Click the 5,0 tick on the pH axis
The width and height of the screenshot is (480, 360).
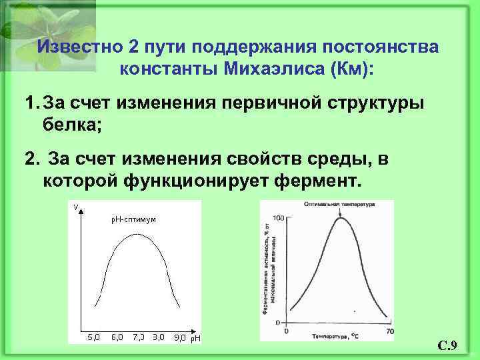[x=94, y=337]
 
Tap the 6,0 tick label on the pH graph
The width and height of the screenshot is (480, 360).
[x=117, y=337]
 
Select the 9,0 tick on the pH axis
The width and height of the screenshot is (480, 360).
[x=179, y=337]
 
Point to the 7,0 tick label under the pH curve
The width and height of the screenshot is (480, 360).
[x=138, y=337]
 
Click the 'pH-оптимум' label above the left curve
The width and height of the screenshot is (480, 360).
[x=133, y=219]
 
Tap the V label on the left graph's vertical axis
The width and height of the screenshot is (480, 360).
[x=76, y=206]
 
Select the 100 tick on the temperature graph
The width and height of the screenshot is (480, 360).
[x=279, y=218]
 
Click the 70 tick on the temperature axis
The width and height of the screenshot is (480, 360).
[x=390, y=331]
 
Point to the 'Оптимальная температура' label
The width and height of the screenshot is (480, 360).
[x=339, y=204]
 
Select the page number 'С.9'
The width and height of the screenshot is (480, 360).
[x=446, y=345]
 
